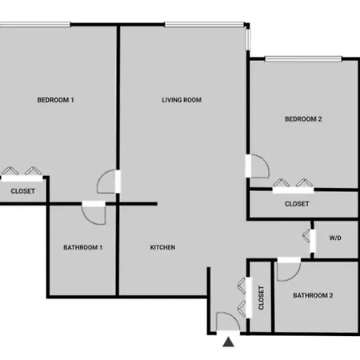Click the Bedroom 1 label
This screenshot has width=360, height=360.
point(55,100)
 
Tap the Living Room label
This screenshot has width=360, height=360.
point(182,100)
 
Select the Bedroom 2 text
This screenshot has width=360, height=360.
point(303,119)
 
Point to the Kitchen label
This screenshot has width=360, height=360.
point(162,247)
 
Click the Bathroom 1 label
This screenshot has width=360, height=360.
point(83,247)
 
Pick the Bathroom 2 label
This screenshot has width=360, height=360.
point(313,295)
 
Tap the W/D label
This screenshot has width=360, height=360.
point(335,238)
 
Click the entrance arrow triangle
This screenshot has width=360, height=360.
point(229,342)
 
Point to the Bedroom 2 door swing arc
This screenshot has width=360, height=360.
point(266,159)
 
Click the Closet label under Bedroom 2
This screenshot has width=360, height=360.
point(297,204)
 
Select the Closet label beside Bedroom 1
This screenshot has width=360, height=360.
point(23,191)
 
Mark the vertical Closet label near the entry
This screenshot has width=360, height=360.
point(262,298)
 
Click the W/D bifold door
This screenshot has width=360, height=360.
point(306,236)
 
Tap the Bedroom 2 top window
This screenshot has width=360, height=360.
point(303,58)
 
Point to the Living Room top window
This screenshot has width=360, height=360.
point(204,25)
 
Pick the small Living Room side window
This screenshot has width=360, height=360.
point(248,39)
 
